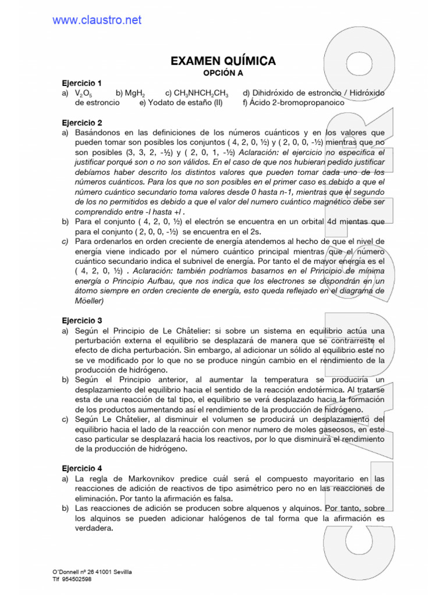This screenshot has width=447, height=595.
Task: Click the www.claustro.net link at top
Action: coord(97,20)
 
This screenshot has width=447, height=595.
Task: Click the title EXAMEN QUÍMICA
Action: coord(223,61)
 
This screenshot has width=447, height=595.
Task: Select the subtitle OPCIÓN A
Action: coord(222,73)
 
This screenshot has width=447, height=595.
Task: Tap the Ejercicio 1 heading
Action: coord(82,83)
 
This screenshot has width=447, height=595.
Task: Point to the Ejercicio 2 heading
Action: coord(82,123)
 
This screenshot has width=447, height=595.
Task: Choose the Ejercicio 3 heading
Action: coord(82,320)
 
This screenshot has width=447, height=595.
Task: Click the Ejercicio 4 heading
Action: coord(82,468)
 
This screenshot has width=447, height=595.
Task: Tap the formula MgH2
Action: coord(134,93)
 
